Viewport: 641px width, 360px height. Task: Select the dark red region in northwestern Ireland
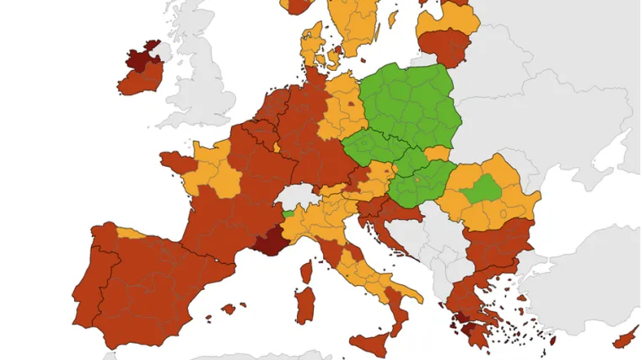click(x=137, y=59)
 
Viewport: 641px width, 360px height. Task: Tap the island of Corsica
click(x=306, y=271)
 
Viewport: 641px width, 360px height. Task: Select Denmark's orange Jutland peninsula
click(x=310, y=42)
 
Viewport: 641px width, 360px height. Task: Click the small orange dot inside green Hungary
click(x=417, y=179)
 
